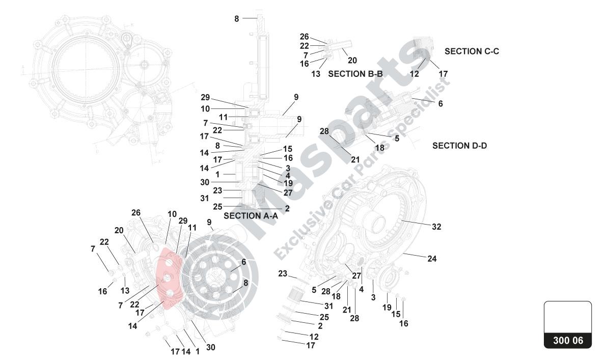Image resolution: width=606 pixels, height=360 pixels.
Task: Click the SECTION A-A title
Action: coord(251,215)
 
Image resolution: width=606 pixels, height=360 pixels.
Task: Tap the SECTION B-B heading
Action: coord(355,74)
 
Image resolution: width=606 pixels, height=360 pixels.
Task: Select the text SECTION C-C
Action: coord(472,51)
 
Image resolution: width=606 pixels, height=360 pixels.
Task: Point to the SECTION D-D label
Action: coord(459,146)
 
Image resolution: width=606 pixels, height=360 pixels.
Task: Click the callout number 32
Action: coord(436,227)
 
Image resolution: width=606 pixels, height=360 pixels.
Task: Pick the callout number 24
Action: coord(432,259)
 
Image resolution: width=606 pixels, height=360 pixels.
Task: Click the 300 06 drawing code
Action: coord(568,341)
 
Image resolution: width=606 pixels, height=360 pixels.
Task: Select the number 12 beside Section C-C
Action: coord(414,74)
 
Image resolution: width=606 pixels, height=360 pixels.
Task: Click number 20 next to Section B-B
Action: coord(352,60)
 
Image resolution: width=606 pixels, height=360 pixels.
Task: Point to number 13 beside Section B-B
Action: coord(316,74)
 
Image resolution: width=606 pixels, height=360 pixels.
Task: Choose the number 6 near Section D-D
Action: coord(440,103)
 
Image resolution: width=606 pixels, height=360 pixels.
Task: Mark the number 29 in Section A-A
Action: coord(205,97)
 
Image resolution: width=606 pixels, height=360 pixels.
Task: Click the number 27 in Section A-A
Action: coord(288,192)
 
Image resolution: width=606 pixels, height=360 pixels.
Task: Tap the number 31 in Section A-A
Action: coord(204,198)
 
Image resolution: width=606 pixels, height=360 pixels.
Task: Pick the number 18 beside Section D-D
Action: coord(379,148)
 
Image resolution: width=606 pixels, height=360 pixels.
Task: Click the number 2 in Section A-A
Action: coord(287,208)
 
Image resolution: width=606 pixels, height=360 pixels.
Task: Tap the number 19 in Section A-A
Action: coord(288,183)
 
